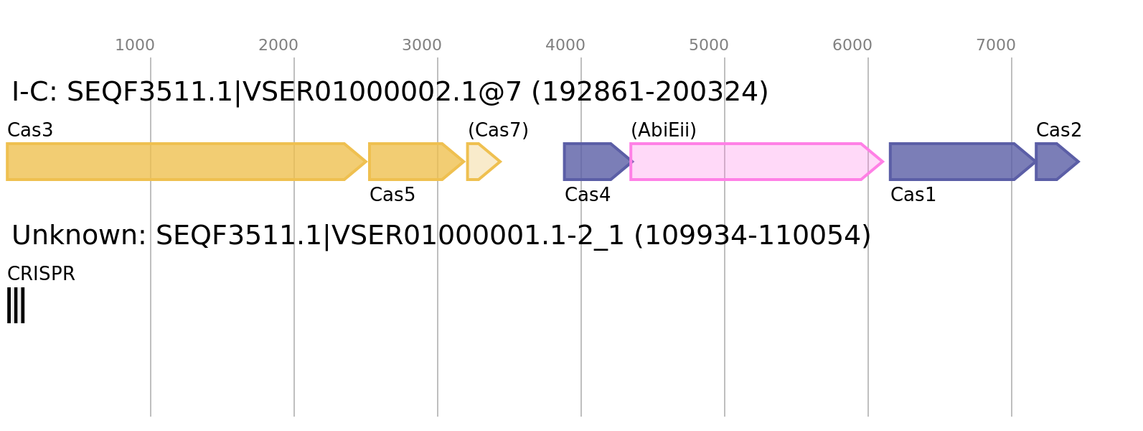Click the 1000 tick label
(x=135, y=45)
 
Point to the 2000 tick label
(x=278, y=45)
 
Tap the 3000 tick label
(x=422, y=45)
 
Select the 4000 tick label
(x=565, y=45)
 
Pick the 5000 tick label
(x=709, y=45)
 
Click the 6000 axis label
(x=852, y=45)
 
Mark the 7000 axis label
(x=996, y=45)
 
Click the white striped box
(x=16, y=305)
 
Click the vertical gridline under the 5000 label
(x=725, y=323)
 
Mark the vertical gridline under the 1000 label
(x=151, y=323)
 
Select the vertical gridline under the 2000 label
(x=294, y=323)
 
